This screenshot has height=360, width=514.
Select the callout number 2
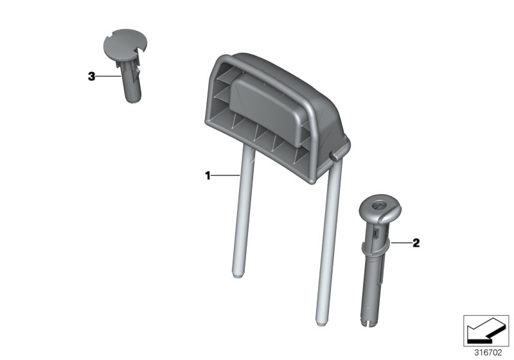pos(416,243)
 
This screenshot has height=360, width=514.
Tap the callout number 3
pos(91,76)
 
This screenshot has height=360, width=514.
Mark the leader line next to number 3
pos(108,76)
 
